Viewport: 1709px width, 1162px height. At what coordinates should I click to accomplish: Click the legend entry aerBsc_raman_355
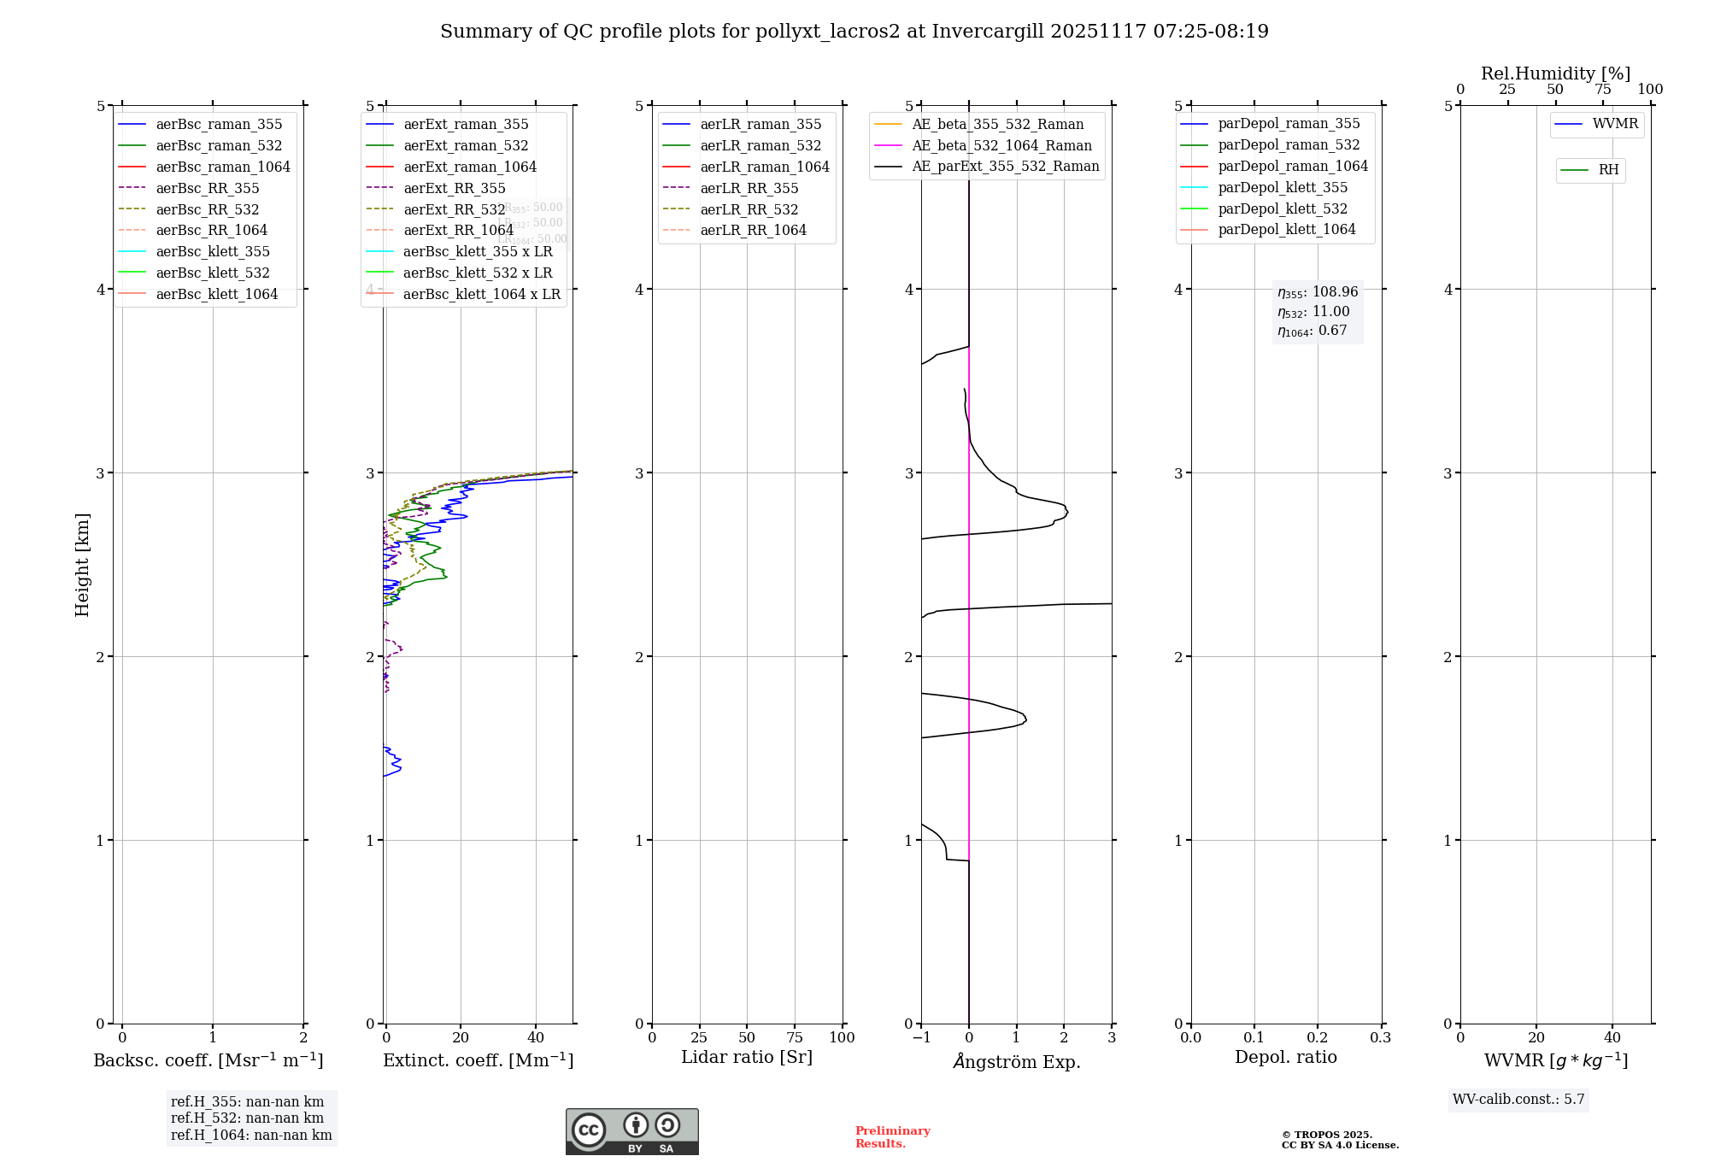219,125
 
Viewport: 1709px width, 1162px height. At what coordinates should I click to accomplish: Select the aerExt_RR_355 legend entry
454,188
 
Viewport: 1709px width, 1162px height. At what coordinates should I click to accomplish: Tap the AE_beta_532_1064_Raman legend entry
1001,146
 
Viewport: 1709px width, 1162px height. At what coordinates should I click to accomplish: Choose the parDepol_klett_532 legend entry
1282,208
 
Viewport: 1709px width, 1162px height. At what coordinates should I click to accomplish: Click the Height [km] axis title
82,565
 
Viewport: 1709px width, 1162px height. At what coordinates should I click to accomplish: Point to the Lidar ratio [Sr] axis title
746,1058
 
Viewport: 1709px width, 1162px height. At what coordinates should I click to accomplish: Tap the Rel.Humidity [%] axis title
1555,73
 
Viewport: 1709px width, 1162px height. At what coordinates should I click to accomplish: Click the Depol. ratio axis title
1285,1058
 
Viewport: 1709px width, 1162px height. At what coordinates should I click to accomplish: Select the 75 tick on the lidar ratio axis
795,1038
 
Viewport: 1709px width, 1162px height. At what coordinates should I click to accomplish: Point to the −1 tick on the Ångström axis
920,1038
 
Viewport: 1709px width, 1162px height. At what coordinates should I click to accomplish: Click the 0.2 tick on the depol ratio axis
1318,1038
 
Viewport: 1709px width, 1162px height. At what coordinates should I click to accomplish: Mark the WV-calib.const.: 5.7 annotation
1518,1100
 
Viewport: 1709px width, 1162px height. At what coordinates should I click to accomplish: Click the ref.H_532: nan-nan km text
247,1118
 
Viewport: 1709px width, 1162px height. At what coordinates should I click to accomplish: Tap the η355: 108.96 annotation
1317,292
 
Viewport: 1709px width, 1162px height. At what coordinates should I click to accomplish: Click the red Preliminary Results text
892,1137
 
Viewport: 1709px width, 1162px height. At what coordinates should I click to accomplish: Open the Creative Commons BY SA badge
631,1132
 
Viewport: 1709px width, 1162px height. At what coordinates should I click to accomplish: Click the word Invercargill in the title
988,32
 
